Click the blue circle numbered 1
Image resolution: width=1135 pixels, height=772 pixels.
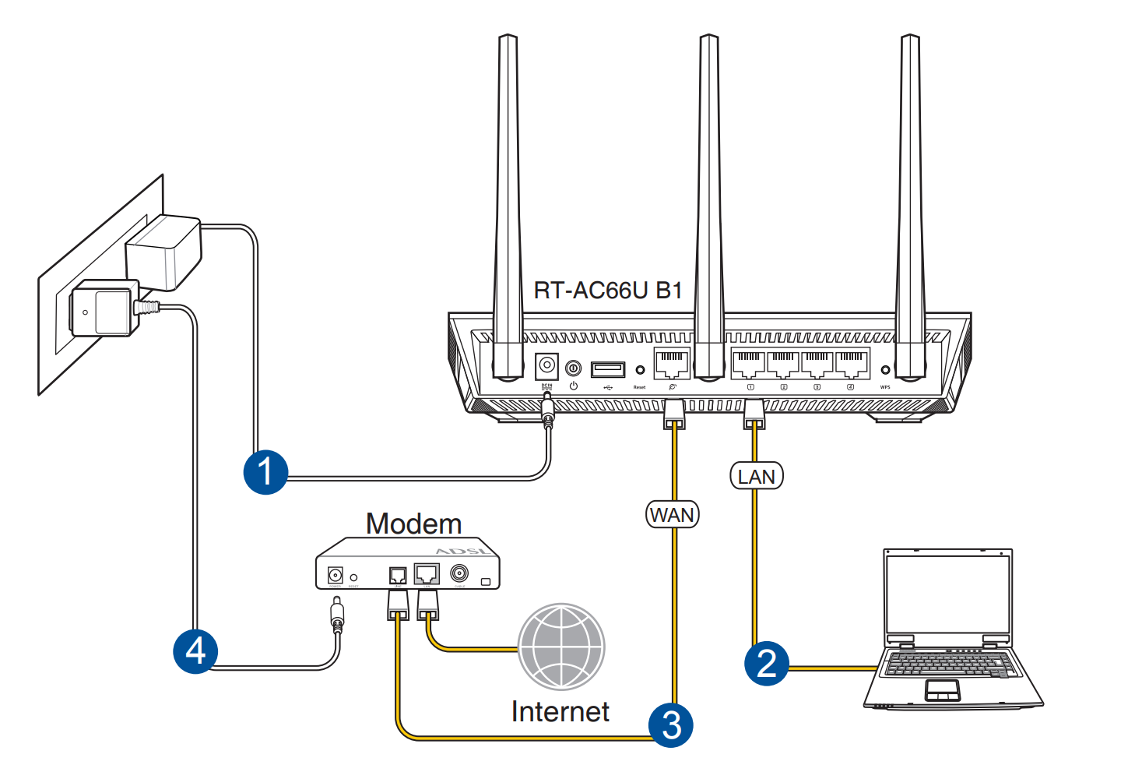(265, 472)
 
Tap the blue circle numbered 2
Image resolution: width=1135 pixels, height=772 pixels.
(767, 663)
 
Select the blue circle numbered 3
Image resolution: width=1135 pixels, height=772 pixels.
(671, 725)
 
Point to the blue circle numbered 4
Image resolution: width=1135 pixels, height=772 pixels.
(195, 651)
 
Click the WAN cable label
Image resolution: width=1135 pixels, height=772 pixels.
(673, 515)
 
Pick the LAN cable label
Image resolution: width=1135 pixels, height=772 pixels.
(756, 476)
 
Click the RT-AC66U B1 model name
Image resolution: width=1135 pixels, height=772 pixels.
(607, 291)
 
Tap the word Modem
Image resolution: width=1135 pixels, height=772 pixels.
(413, 523)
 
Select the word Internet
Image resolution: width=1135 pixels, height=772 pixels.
(560, 711)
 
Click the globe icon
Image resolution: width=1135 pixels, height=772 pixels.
(561, 647)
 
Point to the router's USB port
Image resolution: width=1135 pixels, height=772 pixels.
(607, 368)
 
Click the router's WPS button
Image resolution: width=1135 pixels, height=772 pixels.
(885, 370)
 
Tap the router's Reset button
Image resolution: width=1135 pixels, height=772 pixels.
(640, 370)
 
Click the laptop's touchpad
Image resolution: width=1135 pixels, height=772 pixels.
(942, 689)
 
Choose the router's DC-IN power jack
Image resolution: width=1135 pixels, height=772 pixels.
(547, 365)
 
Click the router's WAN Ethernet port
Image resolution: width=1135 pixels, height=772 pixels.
(671, 364)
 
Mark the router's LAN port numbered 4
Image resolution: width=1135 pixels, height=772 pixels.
(852, 364)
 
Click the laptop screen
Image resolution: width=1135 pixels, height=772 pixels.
(947, 594)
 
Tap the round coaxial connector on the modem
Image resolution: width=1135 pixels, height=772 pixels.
(459, 574)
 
